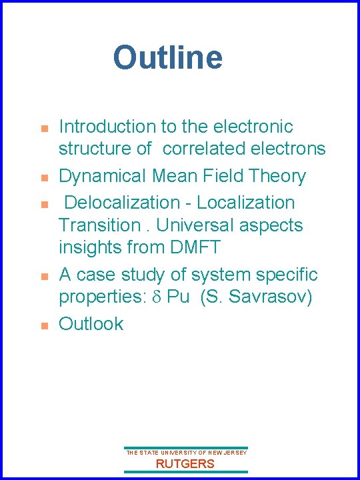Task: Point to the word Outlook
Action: tap(91, 323)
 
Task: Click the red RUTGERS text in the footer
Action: tap(185, 464)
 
